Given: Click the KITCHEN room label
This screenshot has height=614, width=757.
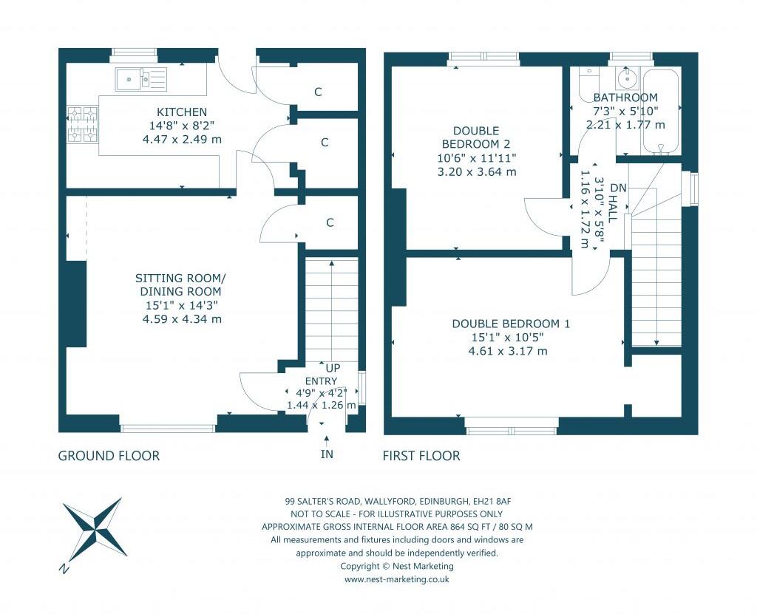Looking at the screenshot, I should [181, 112].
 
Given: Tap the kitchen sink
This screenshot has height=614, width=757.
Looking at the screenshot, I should [140, 76].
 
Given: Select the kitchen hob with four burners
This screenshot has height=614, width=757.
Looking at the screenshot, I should [82, 124].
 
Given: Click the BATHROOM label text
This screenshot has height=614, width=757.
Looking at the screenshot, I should [625, 98].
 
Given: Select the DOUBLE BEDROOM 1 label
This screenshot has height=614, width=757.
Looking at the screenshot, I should [511, 324].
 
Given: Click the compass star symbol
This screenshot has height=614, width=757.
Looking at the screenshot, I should [94, 529].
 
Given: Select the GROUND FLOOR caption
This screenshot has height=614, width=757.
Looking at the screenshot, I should [109, 456].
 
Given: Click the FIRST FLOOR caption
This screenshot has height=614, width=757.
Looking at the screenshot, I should [421, 456].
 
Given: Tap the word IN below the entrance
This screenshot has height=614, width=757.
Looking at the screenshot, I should [327, 454].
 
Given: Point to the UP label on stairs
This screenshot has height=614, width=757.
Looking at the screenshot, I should [333, 368].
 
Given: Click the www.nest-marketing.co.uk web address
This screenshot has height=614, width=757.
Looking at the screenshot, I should [397, 580].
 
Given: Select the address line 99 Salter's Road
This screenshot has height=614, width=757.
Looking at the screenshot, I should [397, 500].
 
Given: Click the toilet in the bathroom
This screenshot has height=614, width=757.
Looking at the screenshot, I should [588, 76].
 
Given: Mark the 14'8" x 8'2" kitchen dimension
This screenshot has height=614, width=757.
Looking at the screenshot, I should [181, 126].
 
